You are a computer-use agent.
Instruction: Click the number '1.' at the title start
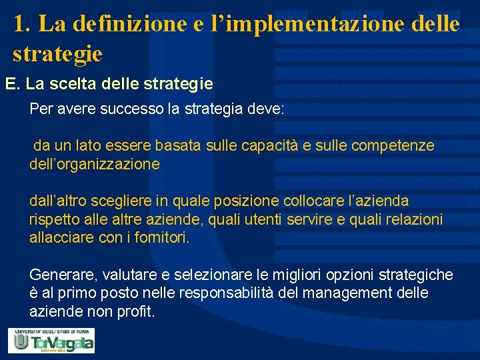(21, 25)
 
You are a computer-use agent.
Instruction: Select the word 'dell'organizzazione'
(95, 164)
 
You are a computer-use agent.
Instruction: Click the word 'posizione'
(246, 201)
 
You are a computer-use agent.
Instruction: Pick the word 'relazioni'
(414, 219)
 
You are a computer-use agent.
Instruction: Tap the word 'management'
(355, 293)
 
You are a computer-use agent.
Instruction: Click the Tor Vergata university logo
(51, 341)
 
